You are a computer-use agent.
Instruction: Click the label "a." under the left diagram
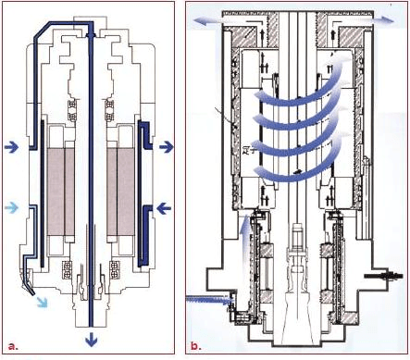pyautogui.click(x=13, y=346)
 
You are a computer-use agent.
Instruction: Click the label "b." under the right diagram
pyautogui.click(x=196, y=345)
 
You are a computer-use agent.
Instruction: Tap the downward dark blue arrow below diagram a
pyautogui.click(x=91, y=340)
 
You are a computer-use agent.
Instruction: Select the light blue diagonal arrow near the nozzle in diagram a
pyautogui.click(x=43, y=302)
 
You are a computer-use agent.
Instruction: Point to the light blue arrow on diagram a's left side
pyautogui.click(x=12, y=207)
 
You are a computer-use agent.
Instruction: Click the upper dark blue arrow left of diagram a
pyautogui.click(x=12, y=147)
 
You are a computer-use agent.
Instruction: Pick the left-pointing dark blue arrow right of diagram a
pyautogui.click(x=164, y=209)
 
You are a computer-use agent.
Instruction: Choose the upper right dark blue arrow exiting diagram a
pyautogui.click(x=167, y=147)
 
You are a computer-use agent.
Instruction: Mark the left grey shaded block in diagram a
pyautogui.click(x=60, y=192)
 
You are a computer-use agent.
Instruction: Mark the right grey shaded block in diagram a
pyautogui.click(x=120, y=192)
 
